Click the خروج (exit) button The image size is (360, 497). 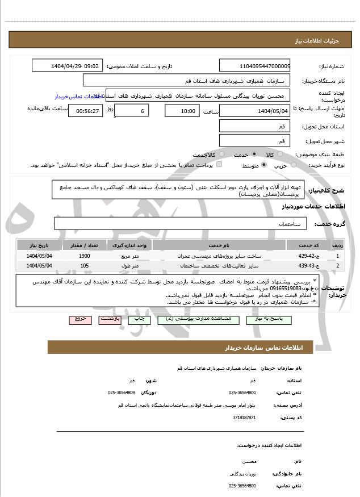79,319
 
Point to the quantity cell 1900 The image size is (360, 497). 84,256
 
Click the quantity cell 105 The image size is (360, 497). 84,266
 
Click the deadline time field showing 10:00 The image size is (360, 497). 182,111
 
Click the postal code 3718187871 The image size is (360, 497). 244,417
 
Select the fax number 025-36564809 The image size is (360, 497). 122,392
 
